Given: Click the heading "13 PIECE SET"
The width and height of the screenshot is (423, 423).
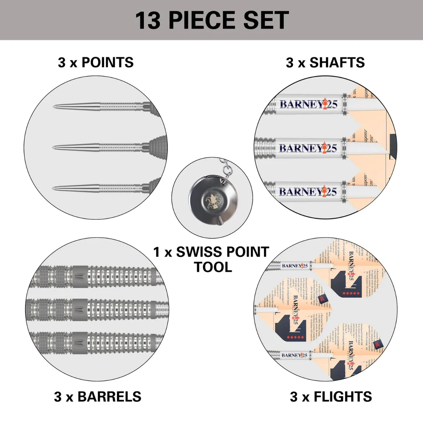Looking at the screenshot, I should tap(212, 20).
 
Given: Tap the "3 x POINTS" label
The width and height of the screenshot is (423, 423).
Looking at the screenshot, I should tap(96, 62).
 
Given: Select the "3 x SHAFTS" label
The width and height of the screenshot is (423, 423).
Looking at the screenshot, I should tap(325, 62).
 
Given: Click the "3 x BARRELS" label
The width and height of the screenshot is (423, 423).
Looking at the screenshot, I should tap(98, 397).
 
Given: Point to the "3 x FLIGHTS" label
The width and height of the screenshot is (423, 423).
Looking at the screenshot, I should tap(331, 397).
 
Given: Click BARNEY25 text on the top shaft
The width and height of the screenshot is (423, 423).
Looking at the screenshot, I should tap(308, 104).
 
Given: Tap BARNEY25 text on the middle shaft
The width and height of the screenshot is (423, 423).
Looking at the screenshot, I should tap(308, 148).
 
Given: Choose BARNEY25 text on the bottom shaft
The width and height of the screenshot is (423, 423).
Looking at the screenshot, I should tap(308, 192).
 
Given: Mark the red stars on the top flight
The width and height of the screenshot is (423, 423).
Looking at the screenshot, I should tap(349, 293).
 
